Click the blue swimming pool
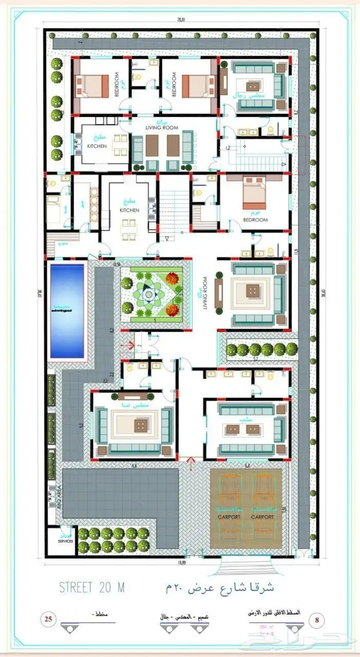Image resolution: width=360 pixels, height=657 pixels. point(67,311)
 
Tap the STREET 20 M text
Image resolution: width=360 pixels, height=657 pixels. point(92,587)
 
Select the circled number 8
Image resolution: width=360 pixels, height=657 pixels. point(316,619)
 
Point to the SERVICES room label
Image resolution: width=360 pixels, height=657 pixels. point(65,541)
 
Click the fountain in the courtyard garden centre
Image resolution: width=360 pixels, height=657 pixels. point(149,294)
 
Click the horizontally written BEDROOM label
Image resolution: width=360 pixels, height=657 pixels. point(256,220)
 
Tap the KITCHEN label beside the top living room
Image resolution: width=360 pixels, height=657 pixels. point(97,146)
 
